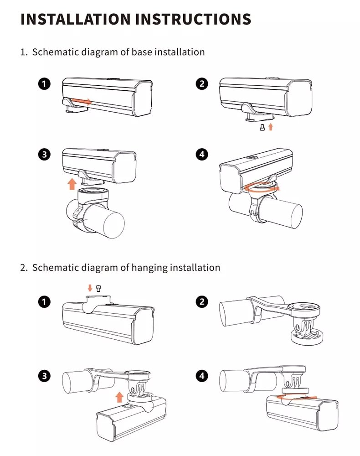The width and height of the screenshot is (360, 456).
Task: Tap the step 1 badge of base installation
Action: pyautogui.click(x=44, y=84)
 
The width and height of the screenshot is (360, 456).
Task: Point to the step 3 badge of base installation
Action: pyautogui.click(x=44, y=155)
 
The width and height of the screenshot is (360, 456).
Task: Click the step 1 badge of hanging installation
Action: pyautogui.click(x=44, y=302)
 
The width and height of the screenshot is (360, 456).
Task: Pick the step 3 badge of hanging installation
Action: pyautogui.click(x=44, y=376)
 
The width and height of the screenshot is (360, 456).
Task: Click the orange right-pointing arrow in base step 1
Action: pyautogui.click(x=82, y=100)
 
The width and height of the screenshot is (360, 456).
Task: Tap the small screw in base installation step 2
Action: pyautogui.click(x=262, y=128)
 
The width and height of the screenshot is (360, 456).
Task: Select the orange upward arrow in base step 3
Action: pyautogui.click(x=72, y=184)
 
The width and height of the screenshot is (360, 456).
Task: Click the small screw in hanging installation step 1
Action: pyautogui.click(x=98, y=288)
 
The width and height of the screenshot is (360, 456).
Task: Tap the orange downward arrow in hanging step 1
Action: pyautogui.click(x=90, y=288)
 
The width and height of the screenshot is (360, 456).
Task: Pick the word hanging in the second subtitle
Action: pyautogui.click(x=149, y=267)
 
